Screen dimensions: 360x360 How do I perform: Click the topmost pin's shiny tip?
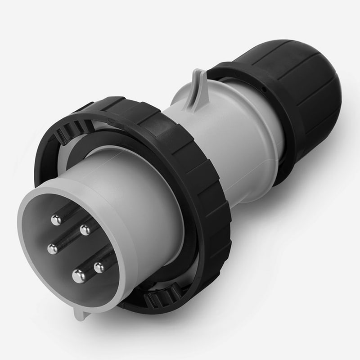tap(56, 220)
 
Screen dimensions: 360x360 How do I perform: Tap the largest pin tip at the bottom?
tap(79, 275)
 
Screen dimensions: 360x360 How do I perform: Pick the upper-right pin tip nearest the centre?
tap(85, 230)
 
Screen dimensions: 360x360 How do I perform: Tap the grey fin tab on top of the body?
tap(197, 88)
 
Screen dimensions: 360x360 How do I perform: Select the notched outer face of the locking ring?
tap(211, 189)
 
